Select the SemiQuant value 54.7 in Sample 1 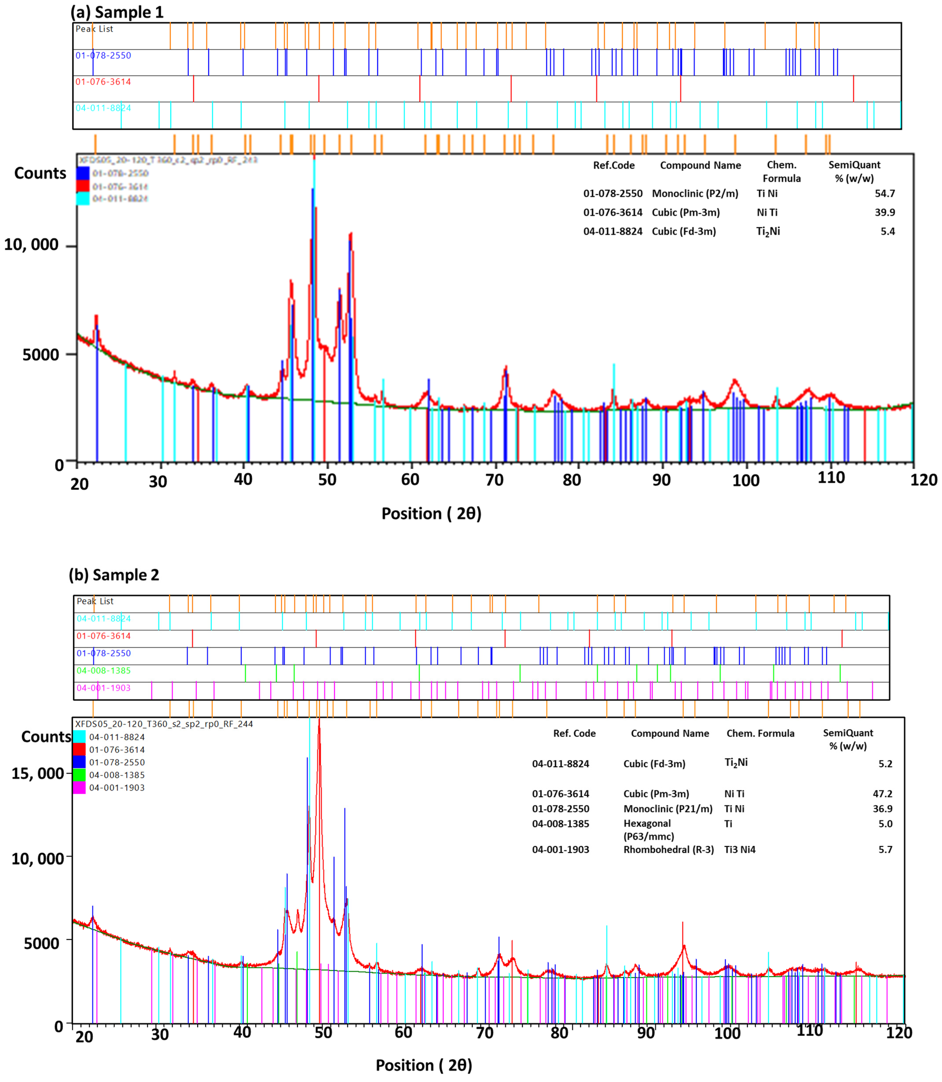pyautogui.click(x=885, y=194)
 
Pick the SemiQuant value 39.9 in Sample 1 pyautogui.click(x=885, y=212)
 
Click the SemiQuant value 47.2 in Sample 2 pyautogui.click(x=883, y=794)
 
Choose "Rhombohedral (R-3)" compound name pyautogui.click(x=669, y=849)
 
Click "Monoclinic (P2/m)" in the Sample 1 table pyautogui.click(x=695, y=194)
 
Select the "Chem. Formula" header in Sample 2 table pyautogui.click(x=760, y=733)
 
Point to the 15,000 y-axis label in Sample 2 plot pyautogui.click(x=38, y=773)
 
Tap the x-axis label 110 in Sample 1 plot pyautogui.click(x=831, y=478)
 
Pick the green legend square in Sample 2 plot pyautogui.click(x=79, y=775)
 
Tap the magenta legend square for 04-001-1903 pyautogui.click(x=79, y=787)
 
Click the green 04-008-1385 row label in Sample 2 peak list pyautogui.click(x=104, y=671)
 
